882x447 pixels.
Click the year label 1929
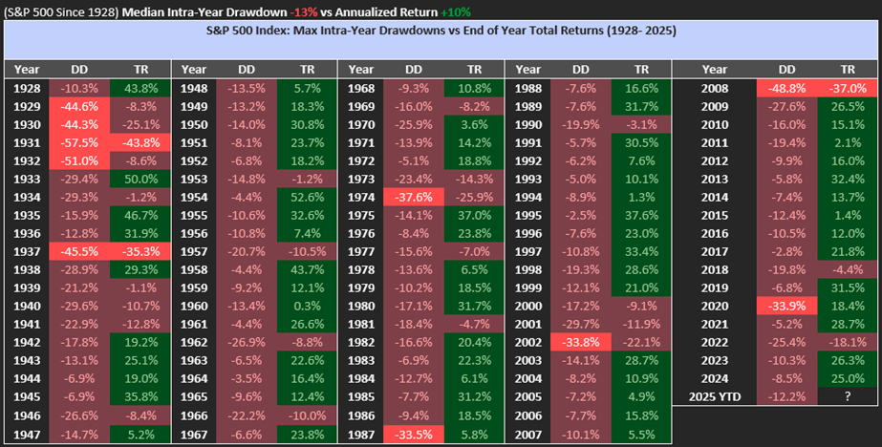coord(27,106)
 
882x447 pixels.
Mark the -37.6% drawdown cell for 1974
coord(414,197)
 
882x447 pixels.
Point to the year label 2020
coord(714,306)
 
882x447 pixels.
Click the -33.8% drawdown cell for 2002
coord(581,341)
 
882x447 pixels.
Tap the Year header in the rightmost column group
coord(714,69)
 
